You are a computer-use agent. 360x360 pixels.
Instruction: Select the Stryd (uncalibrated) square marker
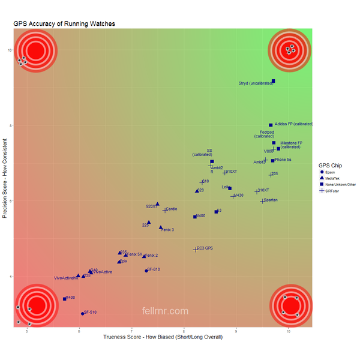[x=274, y=81]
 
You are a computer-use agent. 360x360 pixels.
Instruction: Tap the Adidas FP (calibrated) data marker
[x=271, y=125]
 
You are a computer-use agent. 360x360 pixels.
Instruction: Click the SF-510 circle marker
[x=83, y=314]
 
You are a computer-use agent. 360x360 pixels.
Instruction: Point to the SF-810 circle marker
[x=146, y=271]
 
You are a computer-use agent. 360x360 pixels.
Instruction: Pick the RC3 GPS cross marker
[x=196, y=249]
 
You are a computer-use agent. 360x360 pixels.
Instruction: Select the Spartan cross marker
[x=262, y=201]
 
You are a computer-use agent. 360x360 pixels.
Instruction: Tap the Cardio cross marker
[x=165, y=210]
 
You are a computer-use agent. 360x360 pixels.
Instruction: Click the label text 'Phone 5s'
[x=283, y=160]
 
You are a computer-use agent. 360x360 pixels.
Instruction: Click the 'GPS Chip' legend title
[x=331, y=165]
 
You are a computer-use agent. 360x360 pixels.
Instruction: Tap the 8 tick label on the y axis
[x=10, y=125]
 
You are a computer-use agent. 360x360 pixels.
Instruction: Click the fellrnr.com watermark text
[x=165, y=311]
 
